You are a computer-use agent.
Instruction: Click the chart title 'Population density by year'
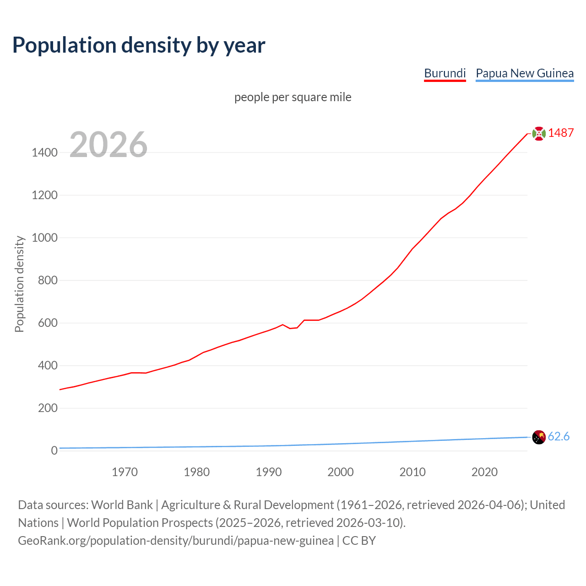[139, 45]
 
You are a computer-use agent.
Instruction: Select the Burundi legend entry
[445, 73]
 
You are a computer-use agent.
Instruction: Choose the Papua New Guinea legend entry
[524, 73]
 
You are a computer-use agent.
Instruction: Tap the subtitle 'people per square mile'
[293, 97]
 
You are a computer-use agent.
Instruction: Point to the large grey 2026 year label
[109, 145]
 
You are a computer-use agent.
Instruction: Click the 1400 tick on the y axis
[44, 152]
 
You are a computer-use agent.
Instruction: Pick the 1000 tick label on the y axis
[44, 238]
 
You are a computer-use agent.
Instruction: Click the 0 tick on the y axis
[54, 450]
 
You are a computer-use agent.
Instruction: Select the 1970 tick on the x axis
[125, 472]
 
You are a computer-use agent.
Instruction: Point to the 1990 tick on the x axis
[269, 472]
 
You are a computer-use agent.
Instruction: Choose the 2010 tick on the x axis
[412, 472]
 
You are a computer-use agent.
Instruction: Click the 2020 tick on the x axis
[484, 472]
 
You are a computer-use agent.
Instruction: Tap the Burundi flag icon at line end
[539, 133]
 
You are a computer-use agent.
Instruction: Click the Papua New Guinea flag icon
[539, 437]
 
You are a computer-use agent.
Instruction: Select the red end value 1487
[561, 133]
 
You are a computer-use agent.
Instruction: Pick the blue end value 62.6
[559, 437]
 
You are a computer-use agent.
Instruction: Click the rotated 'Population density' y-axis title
[19, 284]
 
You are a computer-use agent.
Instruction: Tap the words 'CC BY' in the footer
[359, 541]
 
